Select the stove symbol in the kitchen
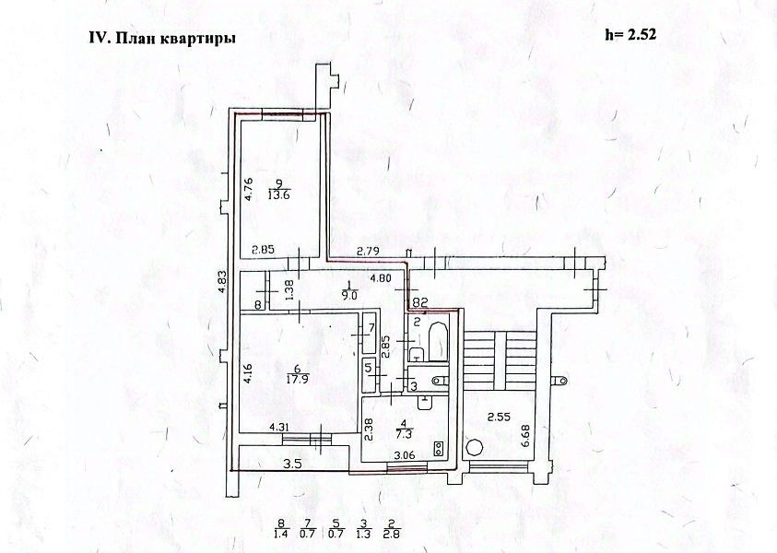pyautogui.click(x=437, y=451)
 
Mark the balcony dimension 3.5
pyautogui.click(x=293, y=464)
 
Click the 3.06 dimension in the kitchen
pyautogui.click(x=405, y=455)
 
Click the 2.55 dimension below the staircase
pyautogui.click(x=500, y=416)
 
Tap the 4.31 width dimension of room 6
pyautogui.click(x=280, y=427)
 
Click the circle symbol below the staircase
pyautogui.click(x=474, y=448)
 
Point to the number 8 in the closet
pyautogui.click(x=258, y=304)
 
